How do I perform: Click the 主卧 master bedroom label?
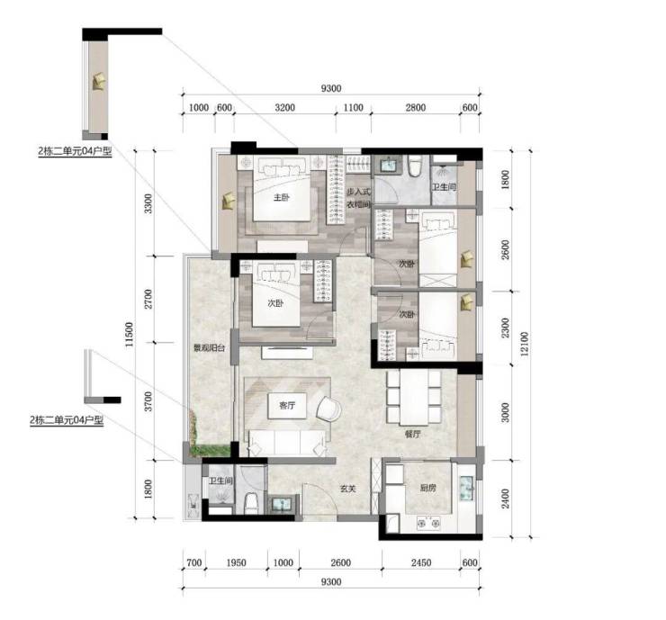(281, 197)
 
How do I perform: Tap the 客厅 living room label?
(287, 406)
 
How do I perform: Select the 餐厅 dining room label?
(412, 434)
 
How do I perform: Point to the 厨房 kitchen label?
(427, 488)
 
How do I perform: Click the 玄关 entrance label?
(348, 489)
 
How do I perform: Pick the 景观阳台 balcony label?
(209, 348)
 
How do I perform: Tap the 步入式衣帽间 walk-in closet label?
(358, 198)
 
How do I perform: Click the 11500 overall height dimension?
(129, 334)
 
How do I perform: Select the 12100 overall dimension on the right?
(525, 344)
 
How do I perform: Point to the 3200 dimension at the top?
(284, 107)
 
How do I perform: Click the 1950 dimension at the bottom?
(236, 562)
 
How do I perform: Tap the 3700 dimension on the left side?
(148, 401)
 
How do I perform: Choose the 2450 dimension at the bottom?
(421, 562)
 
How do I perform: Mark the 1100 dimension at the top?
(354, 107)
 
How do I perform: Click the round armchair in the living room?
(328, 409)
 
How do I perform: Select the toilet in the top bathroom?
(415, 166)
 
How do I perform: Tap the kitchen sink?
(467, 489)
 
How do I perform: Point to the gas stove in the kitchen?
(428, 523)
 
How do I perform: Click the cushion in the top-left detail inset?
(99, 81)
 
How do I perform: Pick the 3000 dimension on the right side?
(505, 412)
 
